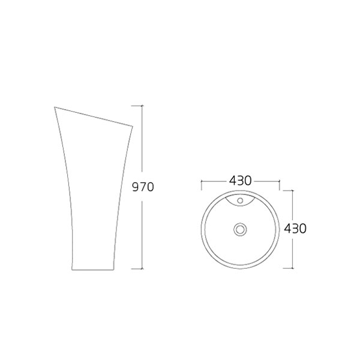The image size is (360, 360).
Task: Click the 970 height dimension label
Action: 143,187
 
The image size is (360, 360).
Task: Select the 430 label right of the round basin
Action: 295,229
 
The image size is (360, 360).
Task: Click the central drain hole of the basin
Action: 240,229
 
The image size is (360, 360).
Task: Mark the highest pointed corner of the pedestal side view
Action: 55,107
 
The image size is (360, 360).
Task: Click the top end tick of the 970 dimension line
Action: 142,106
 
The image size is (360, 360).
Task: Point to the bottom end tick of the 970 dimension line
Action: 142,268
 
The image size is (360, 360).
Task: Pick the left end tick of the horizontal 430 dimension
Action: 201,181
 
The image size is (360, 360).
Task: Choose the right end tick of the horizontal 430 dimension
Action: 280,181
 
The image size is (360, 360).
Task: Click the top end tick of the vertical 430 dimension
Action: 292,190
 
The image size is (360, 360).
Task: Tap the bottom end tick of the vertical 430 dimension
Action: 292,268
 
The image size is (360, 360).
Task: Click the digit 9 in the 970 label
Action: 136,187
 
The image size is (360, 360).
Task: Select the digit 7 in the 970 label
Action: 143,187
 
